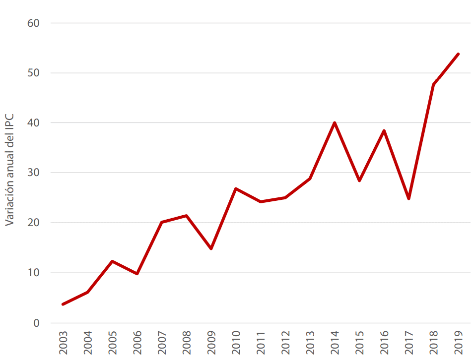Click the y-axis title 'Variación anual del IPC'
tap(10, 170)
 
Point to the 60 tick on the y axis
tap(34, 23)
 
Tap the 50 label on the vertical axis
tap(34, 73)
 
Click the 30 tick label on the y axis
tap(34, 173)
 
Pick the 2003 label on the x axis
tap(63, 343)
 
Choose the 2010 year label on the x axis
tap(236, 343)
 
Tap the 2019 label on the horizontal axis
tap(458, 343)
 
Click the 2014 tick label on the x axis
tap(335, 343)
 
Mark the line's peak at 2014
tap(335, 122)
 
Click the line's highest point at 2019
tap(458, 54)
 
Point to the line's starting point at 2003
tap(63, 304)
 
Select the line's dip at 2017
tap(408, 199)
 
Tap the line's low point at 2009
tap(211, 248)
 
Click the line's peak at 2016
tap(384, 130)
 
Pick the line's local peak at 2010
tap(236, 188)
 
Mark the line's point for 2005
tap(112, 261)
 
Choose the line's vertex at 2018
tap(433, 84)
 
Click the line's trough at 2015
tap(359, 180)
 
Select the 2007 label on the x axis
tap(162, 343)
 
